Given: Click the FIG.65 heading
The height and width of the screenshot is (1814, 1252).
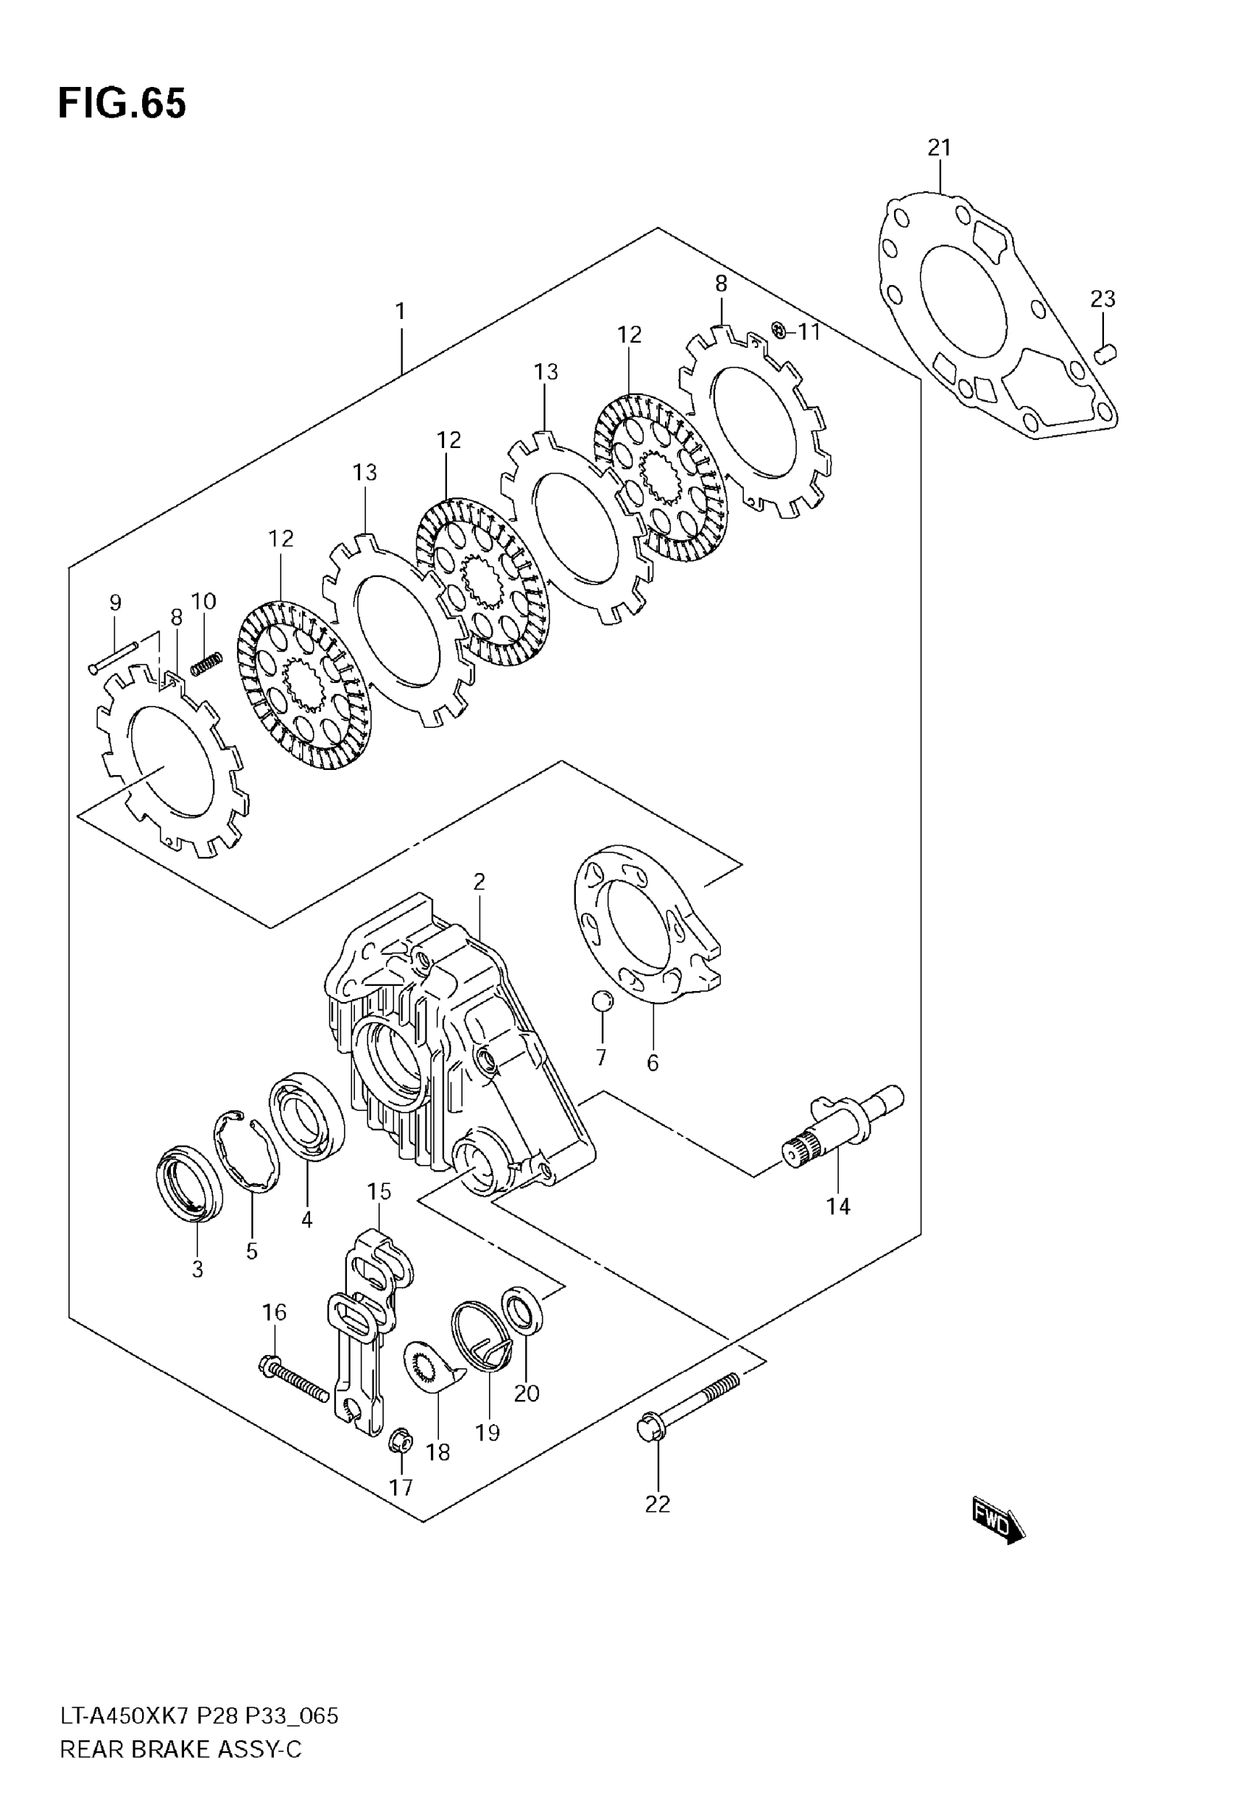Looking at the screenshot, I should (x=122, y=104).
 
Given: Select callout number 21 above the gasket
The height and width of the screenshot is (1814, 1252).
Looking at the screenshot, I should (x=939, y=147).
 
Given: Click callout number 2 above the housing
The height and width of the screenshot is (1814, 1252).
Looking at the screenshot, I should (x=479, y=882).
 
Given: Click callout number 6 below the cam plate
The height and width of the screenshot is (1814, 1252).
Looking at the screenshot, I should (x=653, y=1063).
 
